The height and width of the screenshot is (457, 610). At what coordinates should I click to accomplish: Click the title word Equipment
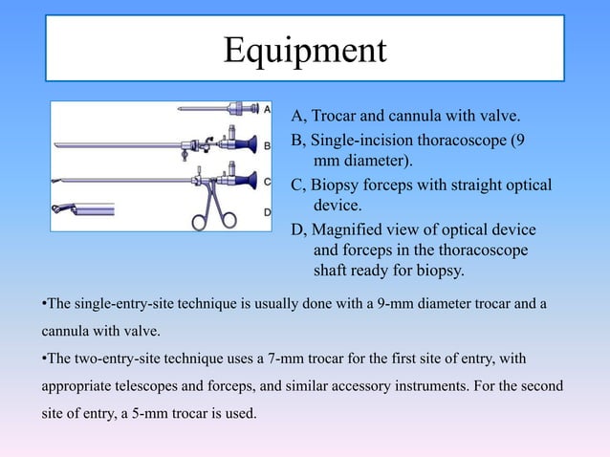click(x=304, y=50)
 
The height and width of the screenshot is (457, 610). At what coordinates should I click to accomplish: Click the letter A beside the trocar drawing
click(x=267, y=109)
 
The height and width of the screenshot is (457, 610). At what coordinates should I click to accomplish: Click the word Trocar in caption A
click(x=336, y=118)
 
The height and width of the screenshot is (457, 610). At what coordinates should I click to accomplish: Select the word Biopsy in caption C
click(x=336, y=185)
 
